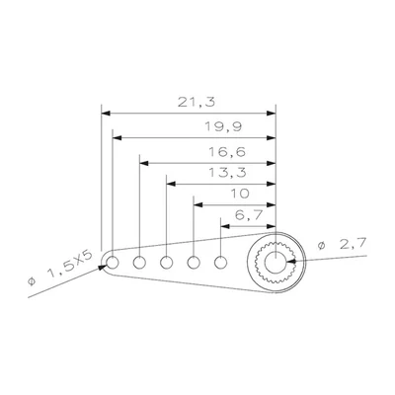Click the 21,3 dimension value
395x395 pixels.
[197, 103]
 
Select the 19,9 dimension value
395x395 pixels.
[223, 126]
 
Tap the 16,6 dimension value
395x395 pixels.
[227, 152]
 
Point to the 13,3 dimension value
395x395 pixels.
[227, 173]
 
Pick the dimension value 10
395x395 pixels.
[240, 194]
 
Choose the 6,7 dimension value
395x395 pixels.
[249, 215]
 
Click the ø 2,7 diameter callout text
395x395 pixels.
[342, 244]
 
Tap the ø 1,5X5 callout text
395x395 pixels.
[60, 268]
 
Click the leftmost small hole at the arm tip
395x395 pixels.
[113, 263]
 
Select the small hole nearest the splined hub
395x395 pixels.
[220, 263]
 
